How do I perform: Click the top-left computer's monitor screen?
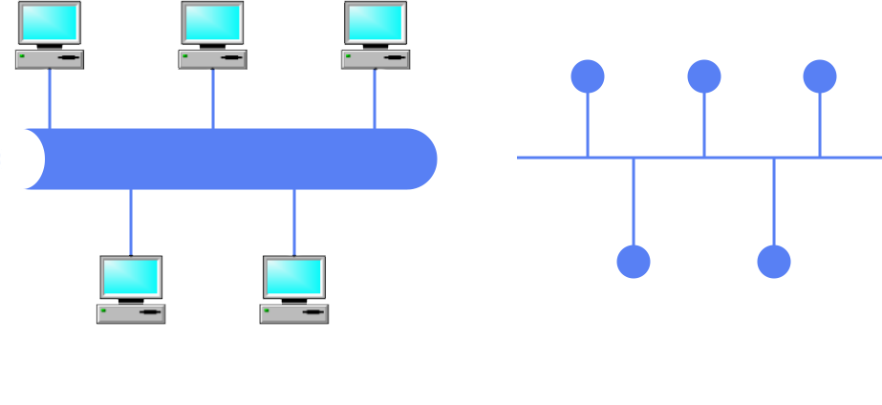49,22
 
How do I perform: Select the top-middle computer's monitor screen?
212,22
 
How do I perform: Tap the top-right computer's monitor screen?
375,22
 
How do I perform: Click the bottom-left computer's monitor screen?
131,277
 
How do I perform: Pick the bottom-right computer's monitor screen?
293,277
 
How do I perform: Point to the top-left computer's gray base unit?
49,58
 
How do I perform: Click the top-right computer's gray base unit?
375,58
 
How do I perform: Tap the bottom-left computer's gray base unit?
131,313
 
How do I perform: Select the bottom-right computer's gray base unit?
293,313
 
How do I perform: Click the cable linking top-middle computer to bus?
212,98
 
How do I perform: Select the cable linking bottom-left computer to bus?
131,222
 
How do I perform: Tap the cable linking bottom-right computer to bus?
293,222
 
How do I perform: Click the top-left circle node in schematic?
588,76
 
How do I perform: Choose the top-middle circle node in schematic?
704,76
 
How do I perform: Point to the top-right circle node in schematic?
820,76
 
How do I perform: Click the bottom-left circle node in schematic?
634,262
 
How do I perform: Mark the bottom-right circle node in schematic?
774,262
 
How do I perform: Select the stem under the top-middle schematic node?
704,124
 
